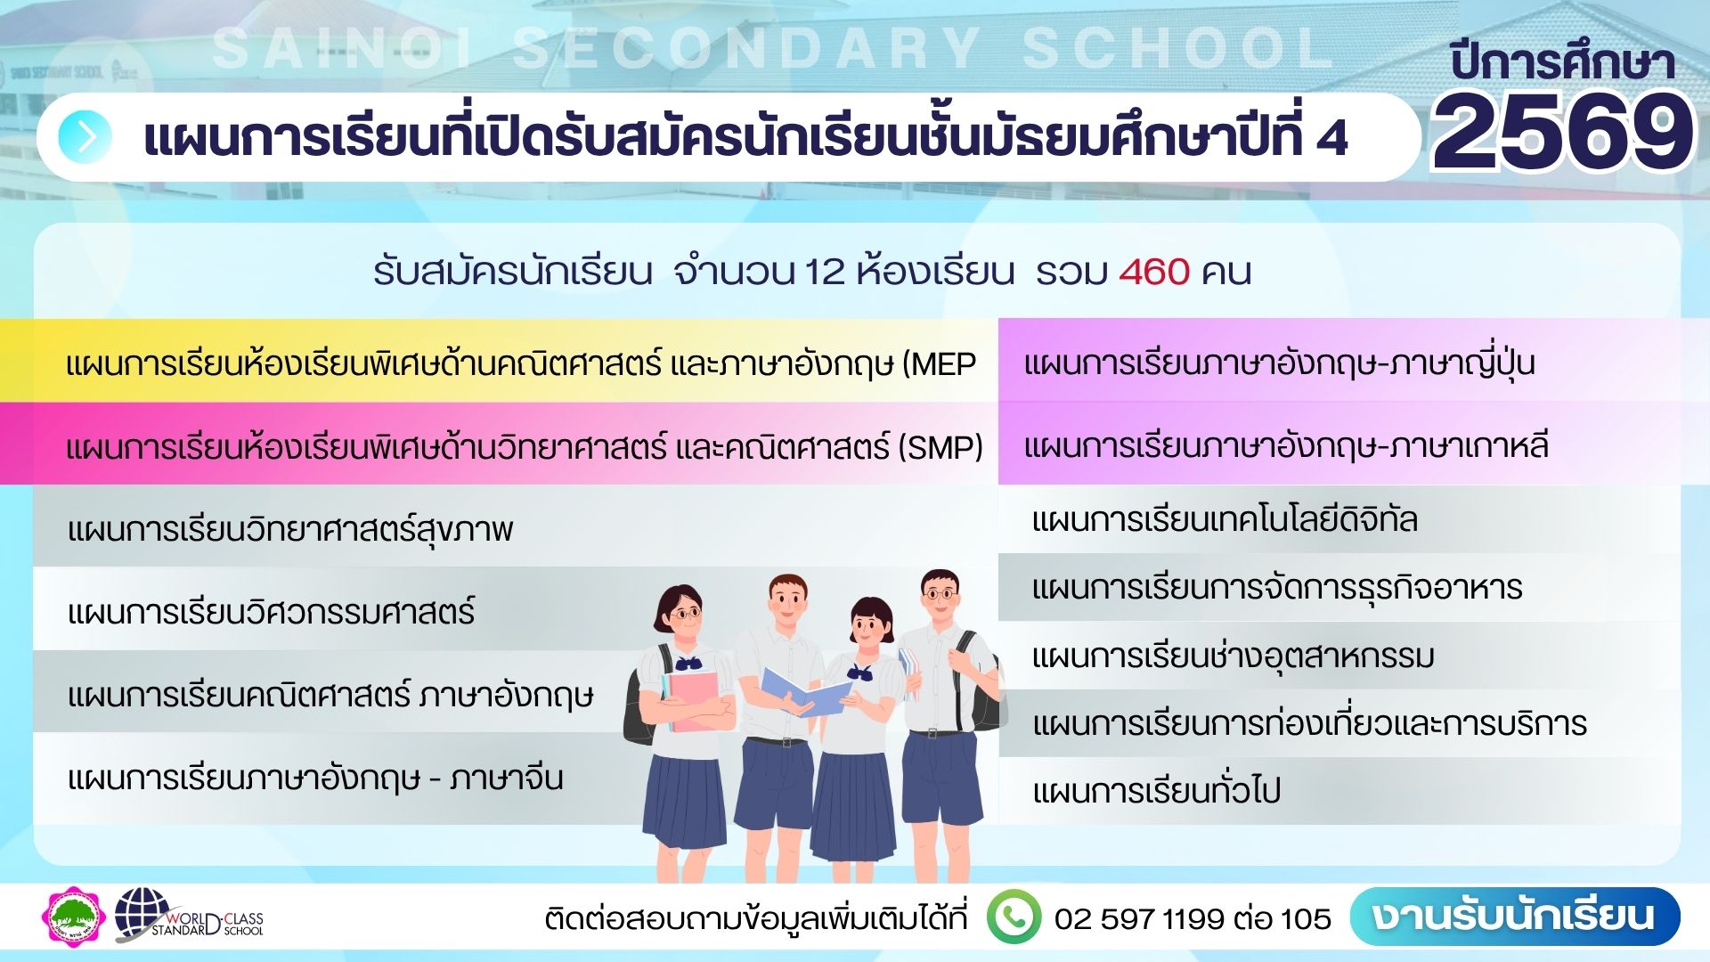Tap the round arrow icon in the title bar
(85, 137)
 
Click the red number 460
(1154, 272)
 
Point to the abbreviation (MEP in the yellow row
(940, 364)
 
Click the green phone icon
(1013, 917)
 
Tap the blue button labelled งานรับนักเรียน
(1514, 917)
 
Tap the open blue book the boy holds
(806, 690)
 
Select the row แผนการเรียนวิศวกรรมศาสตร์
(271, 612)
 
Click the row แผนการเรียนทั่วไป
(1156, 791)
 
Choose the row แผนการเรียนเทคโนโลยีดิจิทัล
(1224, 519)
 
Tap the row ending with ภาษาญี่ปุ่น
(1279, 363)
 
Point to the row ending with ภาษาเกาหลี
(1286, 445)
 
